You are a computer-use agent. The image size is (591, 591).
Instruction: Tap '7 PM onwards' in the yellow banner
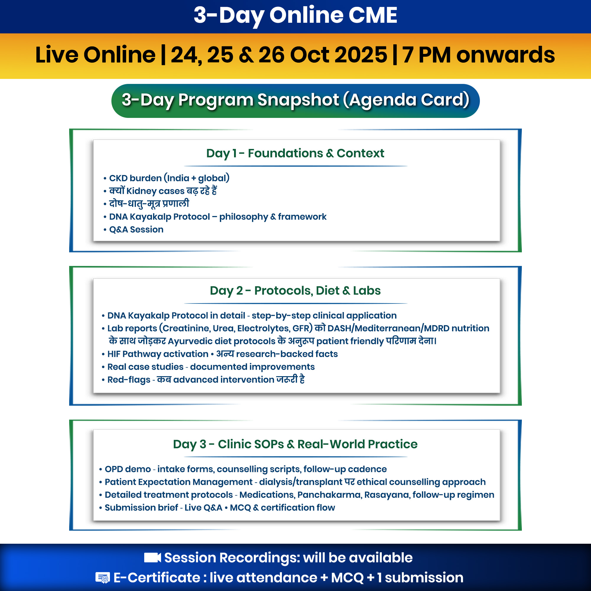478,55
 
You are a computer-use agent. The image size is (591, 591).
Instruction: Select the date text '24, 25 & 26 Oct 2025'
279,55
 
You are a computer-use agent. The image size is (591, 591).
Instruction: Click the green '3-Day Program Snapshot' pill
295,101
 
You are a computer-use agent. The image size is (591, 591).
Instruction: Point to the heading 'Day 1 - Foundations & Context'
295,153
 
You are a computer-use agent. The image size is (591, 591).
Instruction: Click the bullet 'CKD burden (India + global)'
169,178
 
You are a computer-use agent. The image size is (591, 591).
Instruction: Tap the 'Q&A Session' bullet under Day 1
136,229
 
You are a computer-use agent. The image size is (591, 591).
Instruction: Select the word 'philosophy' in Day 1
243,217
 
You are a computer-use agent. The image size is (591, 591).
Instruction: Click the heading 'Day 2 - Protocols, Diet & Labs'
295,290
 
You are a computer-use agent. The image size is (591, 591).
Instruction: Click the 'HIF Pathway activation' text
158,354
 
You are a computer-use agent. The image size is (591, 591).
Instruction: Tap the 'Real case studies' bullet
145,367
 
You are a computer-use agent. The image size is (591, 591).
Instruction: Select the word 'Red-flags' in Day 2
129,380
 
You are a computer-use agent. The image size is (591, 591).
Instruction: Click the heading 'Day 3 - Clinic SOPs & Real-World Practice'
295,444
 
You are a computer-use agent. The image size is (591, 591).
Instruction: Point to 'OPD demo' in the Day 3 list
128,469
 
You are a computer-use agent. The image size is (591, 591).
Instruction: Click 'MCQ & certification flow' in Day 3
282,508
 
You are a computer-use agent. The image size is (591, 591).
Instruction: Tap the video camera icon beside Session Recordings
152,558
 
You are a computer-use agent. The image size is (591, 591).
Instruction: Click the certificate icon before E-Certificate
103,578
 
